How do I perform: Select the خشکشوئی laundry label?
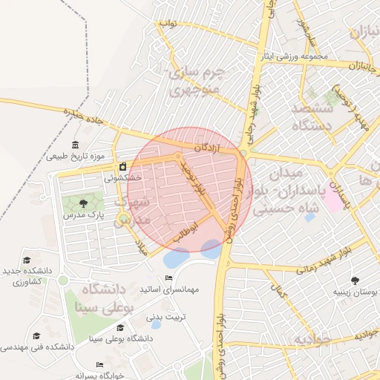122,177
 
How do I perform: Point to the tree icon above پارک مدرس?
82,203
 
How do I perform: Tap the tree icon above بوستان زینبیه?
355,280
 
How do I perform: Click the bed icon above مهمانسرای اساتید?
169,278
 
